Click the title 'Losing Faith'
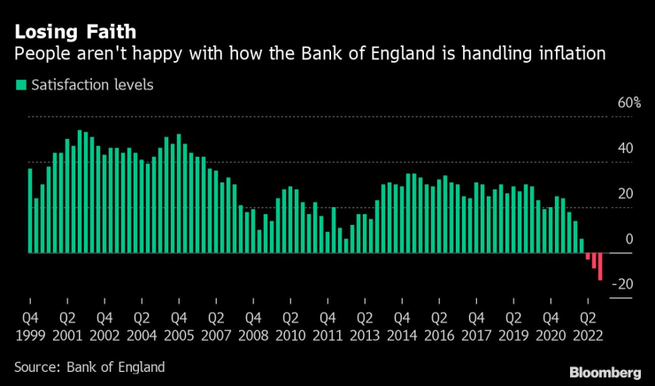click(74, 32)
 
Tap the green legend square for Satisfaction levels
click(19, 86)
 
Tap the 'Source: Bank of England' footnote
click(89, 366)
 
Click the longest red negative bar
click(600, 266)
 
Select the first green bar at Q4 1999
click(30, 211)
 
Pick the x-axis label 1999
click(29, 335)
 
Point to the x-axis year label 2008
click(252, 335)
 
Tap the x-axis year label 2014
click(401, 335)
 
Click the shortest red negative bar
click(588, 256)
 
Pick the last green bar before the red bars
click(582, 246)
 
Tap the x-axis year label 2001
click(66, 335)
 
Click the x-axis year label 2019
click(512, 335)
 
